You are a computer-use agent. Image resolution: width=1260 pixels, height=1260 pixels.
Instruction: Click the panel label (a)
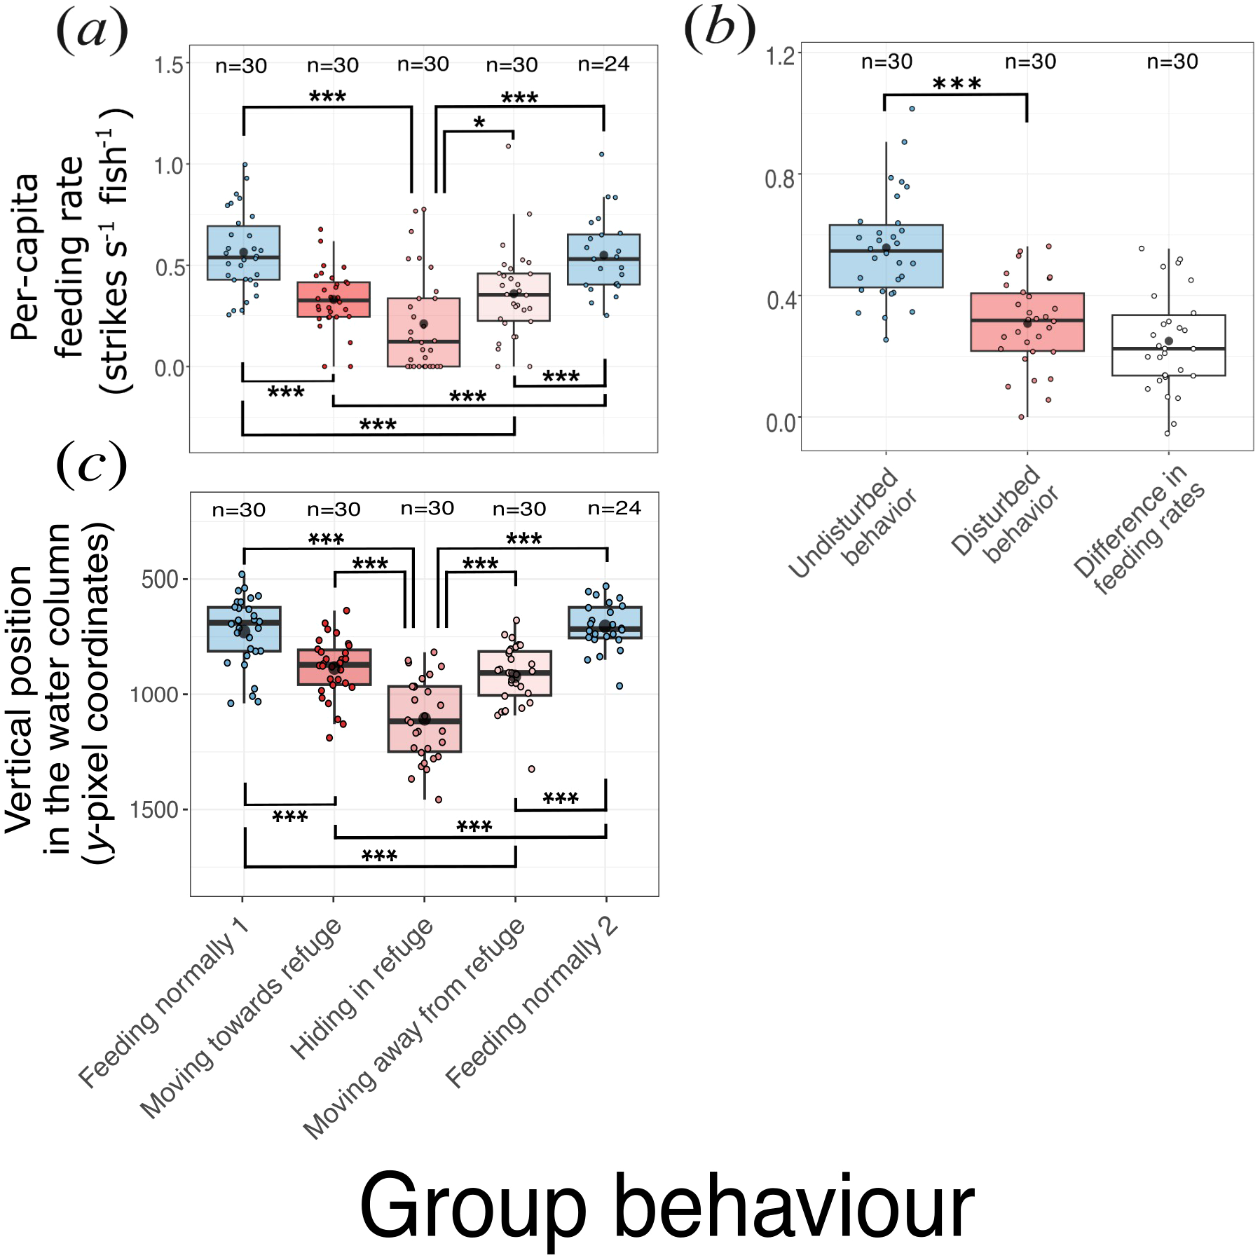[x=92, y=32]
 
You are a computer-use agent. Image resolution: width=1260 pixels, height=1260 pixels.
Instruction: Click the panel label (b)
[x=720, y=30]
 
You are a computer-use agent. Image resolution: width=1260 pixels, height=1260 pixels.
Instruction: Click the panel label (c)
[x=91, y=465]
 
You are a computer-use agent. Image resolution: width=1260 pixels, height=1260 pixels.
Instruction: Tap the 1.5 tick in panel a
[x=169, y=65]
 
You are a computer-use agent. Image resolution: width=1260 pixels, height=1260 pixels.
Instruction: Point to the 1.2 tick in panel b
[x=780, y=55]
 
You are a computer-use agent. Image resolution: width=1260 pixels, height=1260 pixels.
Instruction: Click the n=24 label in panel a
[x=603, y=64]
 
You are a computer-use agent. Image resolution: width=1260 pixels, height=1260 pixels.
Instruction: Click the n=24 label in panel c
[x=614, y=508]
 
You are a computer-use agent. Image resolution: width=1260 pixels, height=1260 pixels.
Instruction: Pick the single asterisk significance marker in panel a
[x=479, y=123]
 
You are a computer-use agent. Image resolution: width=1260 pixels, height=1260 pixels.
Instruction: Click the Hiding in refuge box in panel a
[x=424, y=332]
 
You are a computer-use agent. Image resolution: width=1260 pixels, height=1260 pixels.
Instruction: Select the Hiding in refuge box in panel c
[x=425, y=719]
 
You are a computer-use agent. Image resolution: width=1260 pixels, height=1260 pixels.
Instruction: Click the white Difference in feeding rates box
[x=1168, y=345]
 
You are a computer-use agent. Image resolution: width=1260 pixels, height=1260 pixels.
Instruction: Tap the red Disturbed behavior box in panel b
[x=1027, y=322]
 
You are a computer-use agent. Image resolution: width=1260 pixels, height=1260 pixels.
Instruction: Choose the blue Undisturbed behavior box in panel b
[x=886, y=256]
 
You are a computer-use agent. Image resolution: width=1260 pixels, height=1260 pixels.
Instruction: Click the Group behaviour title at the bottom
[x=666, y=1207]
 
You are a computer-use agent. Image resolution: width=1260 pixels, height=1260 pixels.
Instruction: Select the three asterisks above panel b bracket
[x=957, y=84]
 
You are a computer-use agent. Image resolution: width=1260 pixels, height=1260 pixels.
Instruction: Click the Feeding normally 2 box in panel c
[x=605, y=622]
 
